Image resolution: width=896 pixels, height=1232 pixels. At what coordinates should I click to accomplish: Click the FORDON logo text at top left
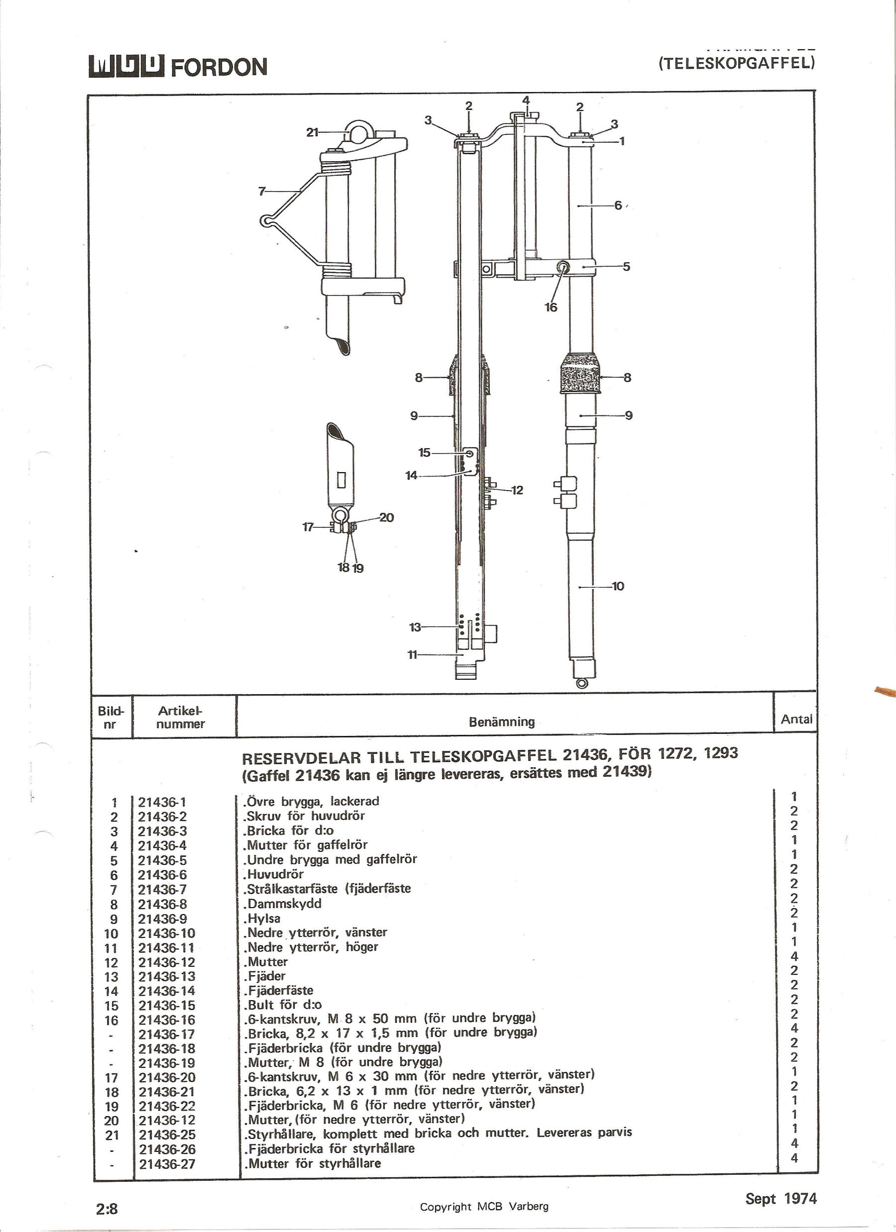[x=219, y=67]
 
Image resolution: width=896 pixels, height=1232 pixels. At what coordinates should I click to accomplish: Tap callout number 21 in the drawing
[x=312, y=132]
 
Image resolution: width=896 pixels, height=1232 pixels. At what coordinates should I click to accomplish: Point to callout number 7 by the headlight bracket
[x=262, y=191]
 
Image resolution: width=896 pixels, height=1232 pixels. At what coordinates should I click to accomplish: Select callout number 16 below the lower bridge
[x=551, y=307]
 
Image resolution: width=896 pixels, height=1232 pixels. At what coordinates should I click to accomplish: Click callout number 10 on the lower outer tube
[x=618, y=586]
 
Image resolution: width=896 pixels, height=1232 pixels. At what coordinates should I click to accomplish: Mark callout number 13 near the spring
[x=415, y=627]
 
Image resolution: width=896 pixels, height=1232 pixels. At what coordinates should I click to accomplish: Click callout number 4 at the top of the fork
[x=526, y=101]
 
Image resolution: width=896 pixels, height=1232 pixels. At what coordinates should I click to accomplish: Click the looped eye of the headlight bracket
[x=266, y=220]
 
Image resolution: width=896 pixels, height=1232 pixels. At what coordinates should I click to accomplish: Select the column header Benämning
[x=502, y=721]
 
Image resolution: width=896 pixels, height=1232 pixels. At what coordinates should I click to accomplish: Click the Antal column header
[x=796, y=719]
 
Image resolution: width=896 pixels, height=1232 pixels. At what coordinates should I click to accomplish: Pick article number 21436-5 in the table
[x=162, y=860]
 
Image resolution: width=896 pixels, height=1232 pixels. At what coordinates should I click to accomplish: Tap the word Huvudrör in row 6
[x=275, y=874]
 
